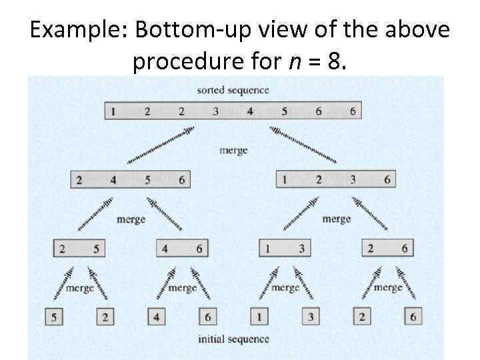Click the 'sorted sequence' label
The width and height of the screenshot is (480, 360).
[233, 90]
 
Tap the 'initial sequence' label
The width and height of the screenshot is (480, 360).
[233, 339]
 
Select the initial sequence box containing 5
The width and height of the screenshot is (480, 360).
[53, 317]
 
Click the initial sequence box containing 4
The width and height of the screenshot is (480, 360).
[156, 317]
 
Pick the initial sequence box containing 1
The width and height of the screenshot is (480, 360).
[259, 317]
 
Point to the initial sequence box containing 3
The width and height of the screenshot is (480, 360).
[310, 317]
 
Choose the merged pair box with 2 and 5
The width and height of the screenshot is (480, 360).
[79, 249]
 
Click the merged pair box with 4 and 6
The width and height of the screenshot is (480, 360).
[182, 249]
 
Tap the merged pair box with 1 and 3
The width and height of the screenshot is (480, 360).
[285, 249]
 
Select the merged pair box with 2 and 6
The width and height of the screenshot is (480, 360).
[387, 249]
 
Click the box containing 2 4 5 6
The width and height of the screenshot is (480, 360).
[131, 180]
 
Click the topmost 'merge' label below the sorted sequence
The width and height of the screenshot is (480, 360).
[233, 150]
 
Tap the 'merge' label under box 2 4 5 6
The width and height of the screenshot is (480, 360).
[131, 219]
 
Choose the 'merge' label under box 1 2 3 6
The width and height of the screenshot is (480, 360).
[336, 219]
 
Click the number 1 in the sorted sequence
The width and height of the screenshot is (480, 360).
[113, 111]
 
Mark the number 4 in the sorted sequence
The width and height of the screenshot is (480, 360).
[250, 111]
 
